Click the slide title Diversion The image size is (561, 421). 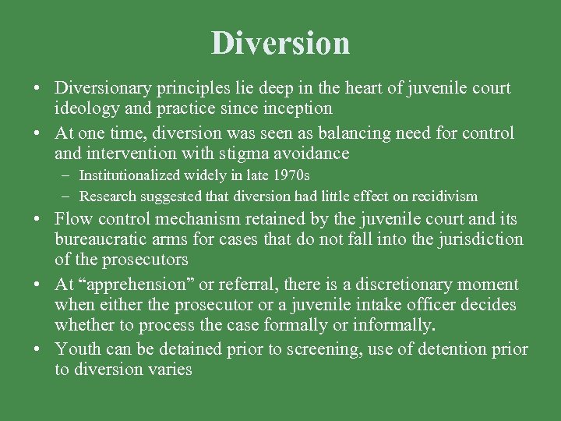click(x=280, y=43)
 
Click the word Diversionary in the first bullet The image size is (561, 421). click(x=104, y=87)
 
